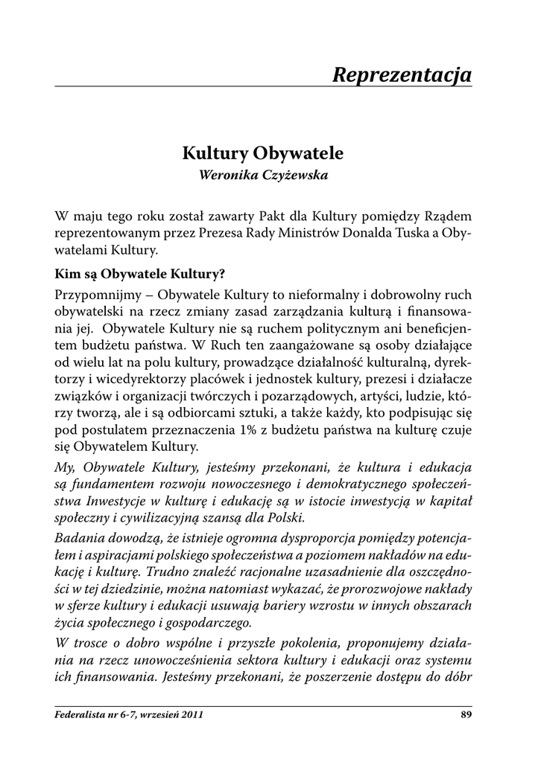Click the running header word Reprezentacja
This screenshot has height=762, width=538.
tap(402, 74)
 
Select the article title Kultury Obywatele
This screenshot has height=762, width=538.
tap(262, 154)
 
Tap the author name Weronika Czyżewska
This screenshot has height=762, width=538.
tap(262, 176)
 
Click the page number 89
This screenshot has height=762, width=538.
tap(467, 715)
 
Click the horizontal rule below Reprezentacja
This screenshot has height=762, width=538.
tap(264, 87)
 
